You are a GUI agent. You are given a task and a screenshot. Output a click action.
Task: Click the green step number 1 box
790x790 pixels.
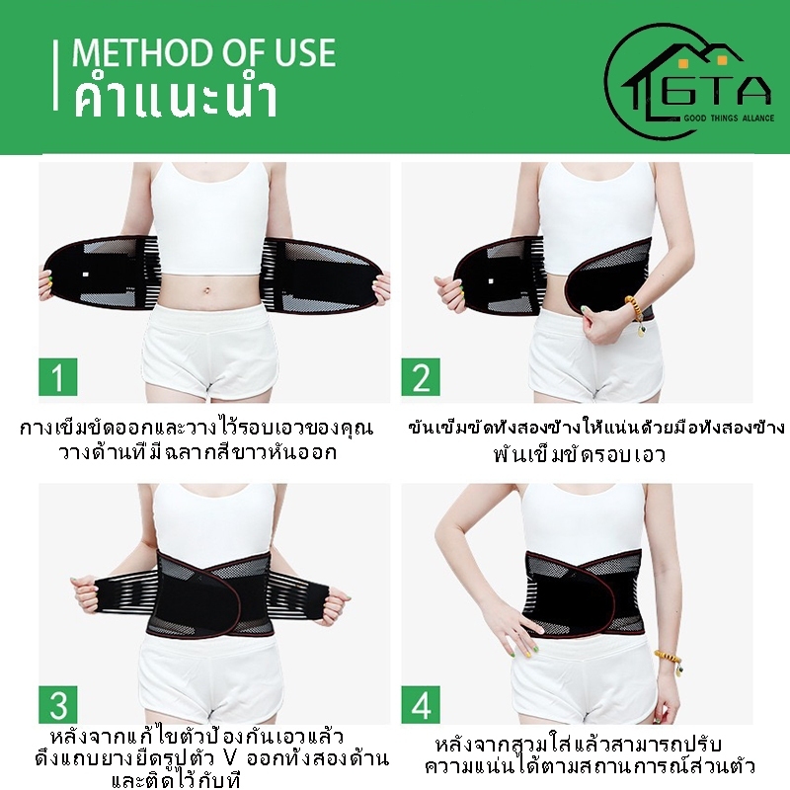[x=58, y=377]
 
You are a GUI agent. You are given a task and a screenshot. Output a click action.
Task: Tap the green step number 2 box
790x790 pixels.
[x=421, y=377]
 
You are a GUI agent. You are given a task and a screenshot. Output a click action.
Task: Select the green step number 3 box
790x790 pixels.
[x=58, y=704]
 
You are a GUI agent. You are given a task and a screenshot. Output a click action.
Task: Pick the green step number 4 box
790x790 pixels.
[x=421, y=704]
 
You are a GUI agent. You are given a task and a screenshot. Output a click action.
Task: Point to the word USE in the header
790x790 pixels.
[x=306, y=52]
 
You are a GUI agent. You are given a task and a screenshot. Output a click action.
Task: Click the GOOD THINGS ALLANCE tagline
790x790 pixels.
[x=729, y=118]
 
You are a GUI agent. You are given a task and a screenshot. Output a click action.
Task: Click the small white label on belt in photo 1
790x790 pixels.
[x=85, y=276]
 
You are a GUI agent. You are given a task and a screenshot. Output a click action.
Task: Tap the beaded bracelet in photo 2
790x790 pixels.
[x=636, y=313]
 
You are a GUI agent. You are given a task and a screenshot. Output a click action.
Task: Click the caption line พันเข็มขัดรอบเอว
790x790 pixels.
[x=580, y=454]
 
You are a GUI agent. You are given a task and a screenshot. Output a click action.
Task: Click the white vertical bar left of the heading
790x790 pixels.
[x=55, y=76]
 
